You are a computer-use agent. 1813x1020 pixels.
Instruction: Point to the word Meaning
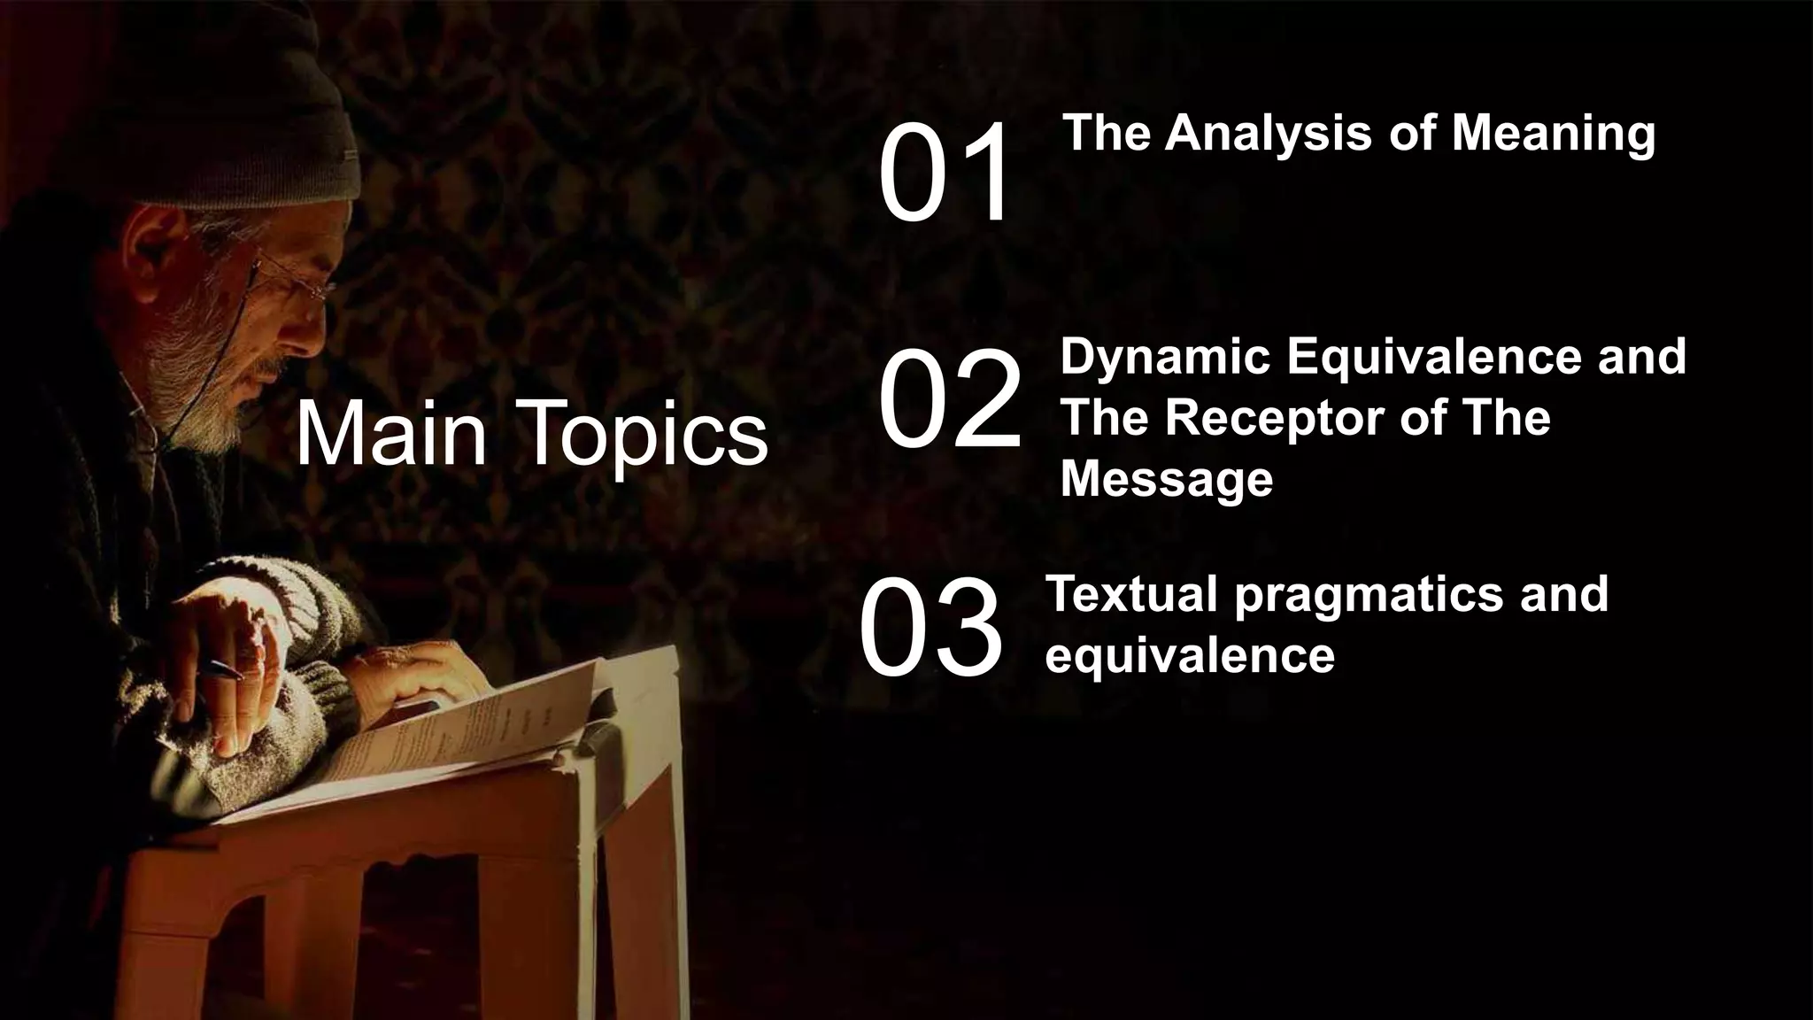coord(1552,134)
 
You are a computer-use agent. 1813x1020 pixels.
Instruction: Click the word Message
coord(1166,479)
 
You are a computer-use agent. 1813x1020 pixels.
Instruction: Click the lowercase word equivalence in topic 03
coord(1189,655)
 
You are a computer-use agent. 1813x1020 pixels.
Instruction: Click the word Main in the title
coord(390,434)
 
